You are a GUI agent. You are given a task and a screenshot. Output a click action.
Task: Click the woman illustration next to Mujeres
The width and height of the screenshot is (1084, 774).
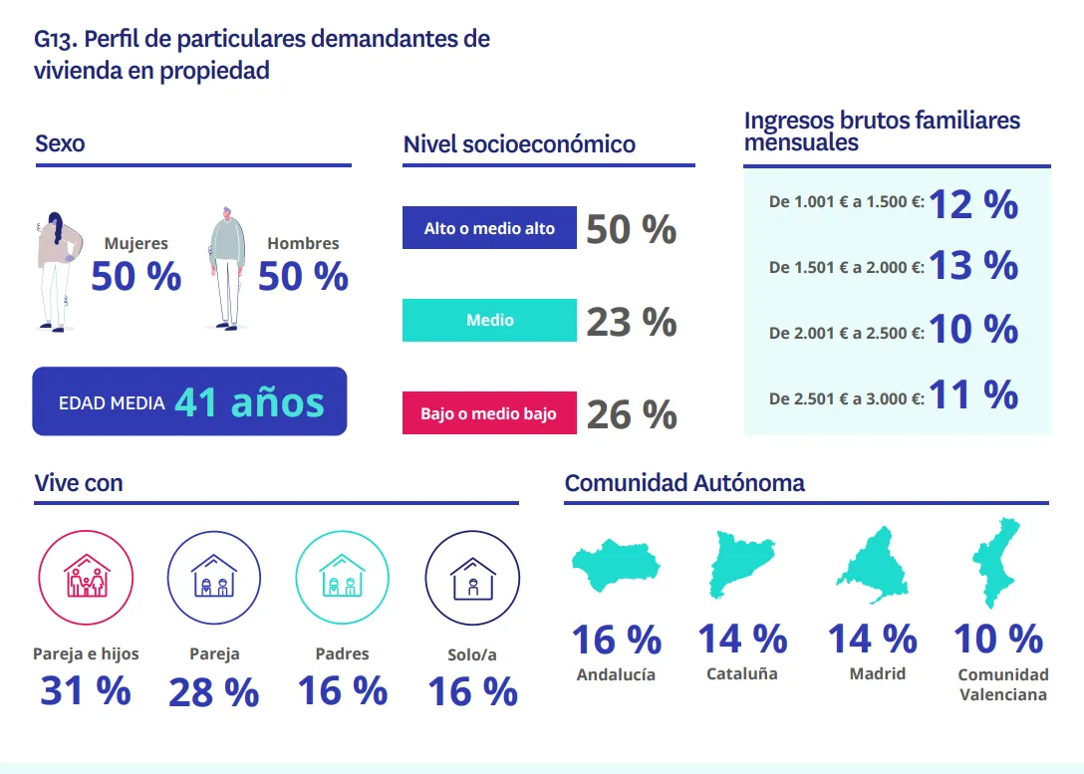pyautogui.click(x=56, y=269)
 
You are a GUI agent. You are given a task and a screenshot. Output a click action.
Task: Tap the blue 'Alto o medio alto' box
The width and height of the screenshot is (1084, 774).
pyautogui.click(x=489, y=228)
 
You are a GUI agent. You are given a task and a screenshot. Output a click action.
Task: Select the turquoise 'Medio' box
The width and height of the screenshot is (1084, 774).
pyautogui.click(x=489, y=321)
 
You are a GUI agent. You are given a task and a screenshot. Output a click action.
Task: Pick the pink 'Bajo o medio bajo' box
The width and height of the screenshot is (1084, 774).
pyautogui.click(x=489, y=413)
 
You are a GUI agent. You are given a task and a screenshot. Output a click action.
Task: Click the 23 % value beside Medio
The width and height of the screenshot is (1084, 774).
pyautogui.click(x=631, y=323)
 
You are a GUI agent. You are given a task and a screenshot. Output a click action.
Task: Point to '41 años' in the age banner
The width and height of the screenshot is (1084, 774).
pyautogui.click(x=249, y=402)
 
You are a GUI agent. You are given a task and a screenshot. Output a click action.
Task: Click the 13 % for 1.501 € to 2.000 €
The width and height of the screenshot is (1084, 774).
pyautogui.click(x=973, y=266)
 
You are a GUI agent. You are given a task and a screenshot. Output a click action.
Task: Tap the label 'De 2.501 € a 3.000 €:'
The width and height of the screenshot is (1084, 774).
pyautogui.click(x=846, y=398)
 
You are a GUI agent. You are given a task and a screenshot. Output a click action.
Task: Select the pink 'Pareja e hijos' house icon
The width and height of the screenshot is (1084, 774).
pyautogui.click(x=86, y=577)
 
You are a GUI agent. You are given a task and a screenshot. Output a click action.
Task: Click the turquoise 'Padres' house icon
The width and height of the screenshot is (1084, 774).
pyautogui.click(x=342, y=577)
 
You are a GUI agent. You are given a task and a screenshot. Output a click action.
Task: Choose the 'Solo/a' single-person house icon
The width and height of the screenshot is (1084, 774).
pyautogui.click(x=472, y=578)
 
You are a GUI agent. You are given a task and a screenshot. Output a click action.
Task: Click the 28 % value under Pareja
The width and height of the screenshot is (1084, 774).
pyautogui.click(x=213, y=692)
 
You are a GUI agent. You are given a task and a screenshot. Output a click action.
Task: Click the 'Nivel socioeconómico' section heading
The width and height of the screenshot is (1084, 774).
pyautogui.click(x=519, y=144)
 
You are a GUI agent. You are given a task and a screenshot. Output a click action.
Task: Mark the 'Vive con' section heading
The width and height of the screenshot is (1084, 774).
pyautogui.click(x=79, y=483)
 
